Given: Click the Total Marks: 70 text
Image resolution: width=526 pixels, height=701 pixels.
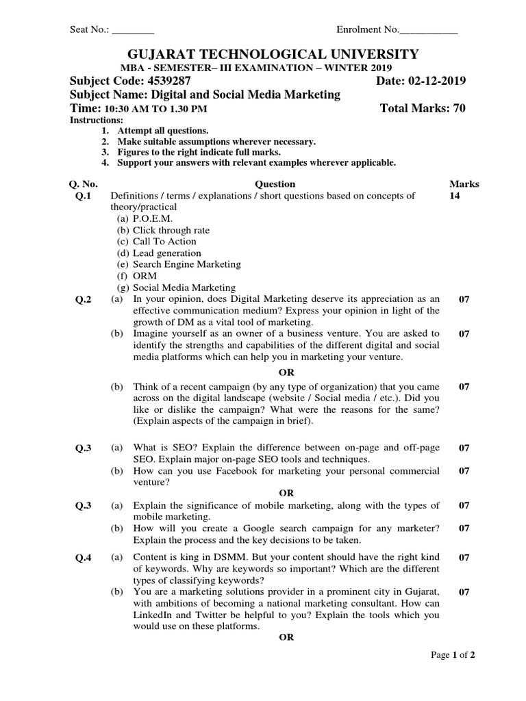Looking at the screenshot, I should tap(423, 108).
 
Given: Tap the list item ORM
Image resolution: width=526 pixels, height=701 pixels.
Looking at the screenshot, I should tap(145, 276).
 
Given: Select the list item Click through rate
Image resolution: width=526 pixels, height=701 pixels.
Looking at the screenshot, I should tap(171, 230).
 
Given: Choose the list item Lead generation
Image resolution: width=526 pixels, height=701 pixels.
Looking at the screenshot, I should tap(167, 253).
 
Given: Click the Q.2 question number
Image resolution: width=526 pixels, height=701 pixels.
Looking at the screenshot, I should tap(84, 300).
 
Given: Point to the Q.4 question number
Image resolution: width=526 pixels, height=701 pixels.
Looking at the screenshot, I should tap(84, 558).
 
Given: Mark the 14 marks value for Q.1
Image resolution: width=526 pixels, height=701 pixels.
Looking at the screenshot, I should tap(455, 196).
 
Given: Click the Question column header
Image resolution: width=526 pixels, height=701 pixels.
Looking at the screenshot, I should tap(275, 183).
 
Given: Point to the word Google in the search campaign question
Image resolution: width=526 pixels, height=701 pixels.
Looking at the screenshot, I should tap(255, 528).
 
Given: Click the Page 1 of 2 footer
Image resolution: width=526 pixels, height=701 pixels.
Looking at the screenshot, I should tap(452, 655).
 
